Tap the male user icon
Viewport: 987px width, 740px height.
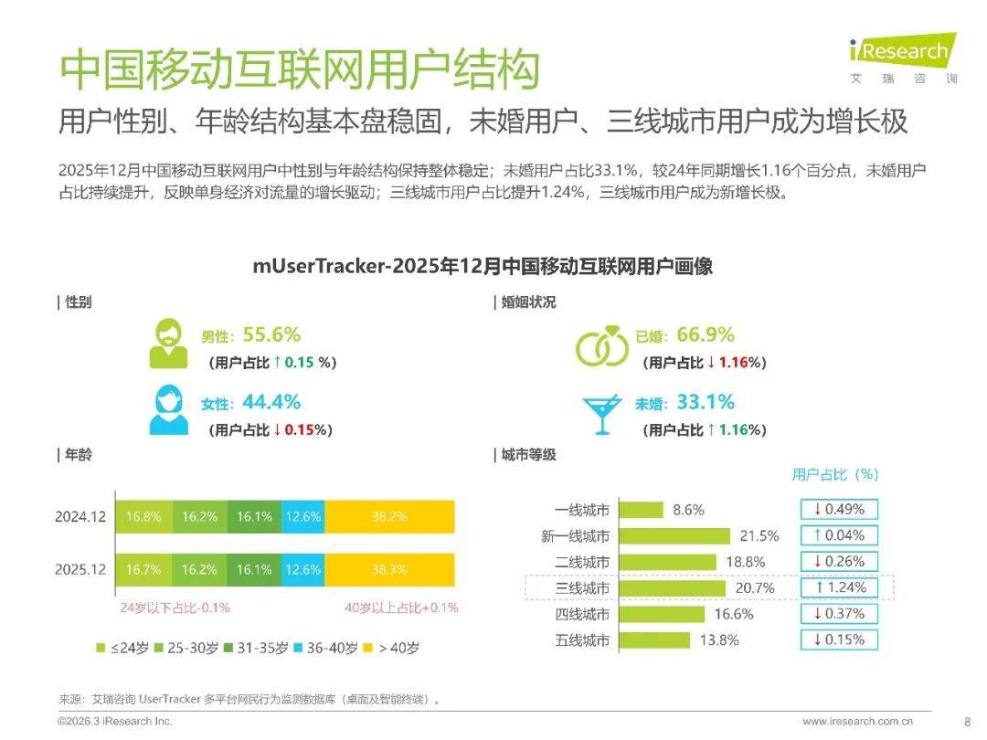coord(167,344)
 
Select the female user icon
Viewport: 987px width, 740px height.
coord(167,410)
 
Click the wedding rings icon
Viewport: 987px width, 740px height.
coord(601,345)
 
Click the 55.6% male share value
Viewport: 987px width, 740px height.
coord(271,335)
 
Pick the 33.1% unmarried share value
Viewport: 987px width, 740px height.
coord(706,402)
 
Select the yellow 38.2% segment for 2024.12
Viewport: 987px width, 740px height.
coord(389,516)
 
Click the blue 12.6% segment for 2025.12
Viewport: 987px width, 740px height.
coord(303,569)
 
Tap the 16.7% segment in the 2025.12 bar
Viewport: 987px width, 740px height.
coord(143,569)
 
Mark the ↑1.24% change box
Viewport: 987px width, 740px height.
coord(839,587)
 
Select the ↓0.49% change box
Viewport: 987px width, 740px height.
coord(839,510)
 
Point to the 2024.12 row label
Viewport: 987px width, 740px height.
coord(80,516)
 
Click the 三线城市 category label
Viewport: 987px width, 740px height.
coord(582,588)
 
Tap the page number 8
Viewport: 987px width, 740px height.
coord(967,722)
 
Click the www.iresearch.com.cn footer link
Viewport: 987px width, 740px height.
coord(864,722)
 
